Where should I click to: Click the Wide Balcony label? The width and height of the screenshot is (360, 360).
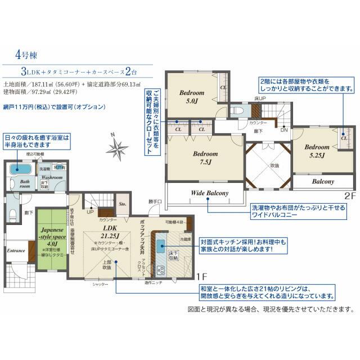[x=209, y=193]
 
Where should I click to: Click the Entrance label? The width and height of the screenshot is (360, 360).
[x=15, y=250]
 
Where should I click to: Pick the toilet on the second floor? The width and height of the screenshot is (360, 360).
[x=236, y=110]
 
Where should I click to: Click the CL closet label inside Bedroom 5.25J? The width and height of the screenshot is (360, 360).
[x=343, y=137]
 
